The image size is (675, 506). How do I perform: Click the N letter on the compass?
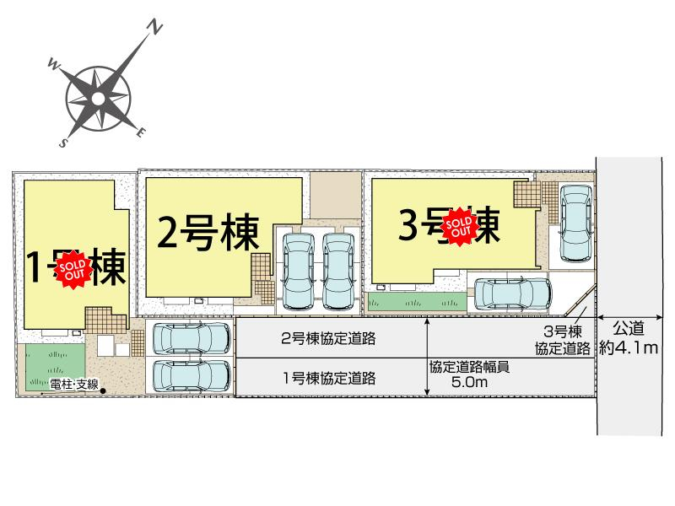154,29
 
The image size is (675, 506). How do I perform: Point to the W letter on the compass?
52,62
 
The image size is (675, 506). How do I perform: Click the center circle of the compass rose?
99,100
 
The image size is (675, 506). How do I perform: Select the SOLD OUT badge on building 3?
461,225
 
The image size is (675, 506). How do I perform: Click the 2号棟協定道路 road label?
328,340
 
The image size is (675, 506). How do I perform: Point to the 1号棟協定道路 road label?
328,377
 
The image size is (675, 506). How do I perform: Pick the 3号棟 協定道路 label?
562,339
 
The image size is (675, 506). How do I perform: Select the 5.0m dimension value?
471,382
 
